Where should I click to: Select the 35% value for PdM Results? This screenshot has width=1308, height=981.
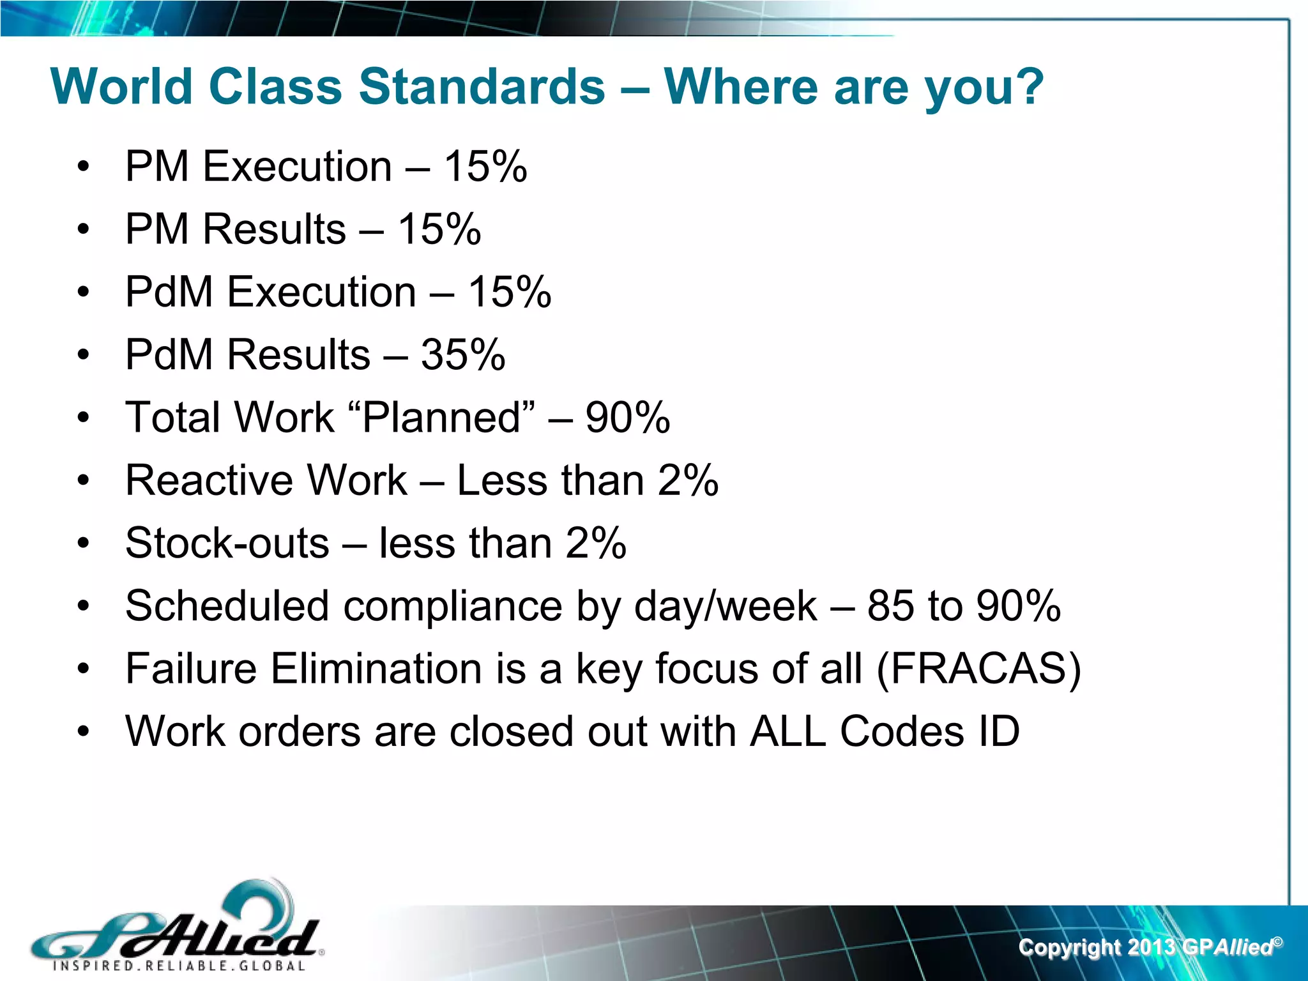pyautogui.click(x=463, y=354)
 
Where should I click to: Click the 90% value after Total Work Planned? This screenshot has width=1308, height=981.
pyautogui.click(x=628, y=418)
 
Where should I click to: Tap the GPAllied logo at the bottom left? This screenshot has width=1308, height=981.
pyautogui.click(x=176, y=926)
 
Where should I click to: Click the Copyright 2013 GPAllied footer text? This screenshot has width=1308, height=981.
pyautogui.click(x=1150, y=947)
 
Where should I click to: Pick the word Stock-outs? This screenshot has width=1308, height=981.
pyautogui.click(x=227, y=543)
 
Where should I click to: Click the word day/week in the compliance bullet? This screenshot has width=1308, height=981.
pyautogui.click(x=726, y=606)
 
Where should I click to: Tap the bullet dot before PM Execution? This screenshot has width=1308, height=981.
pyautogui.click(x=83, y=167)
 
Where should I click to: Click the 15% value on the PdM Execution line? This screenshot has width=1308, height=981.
pyautogui.click(x=510, y=293)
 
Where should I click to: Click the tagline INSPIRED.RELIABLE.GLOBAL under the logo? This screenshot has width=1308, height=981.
pyautogui.click(x=179, y=966)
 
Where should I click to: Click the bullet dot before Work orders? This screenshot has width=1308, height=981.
pyautogui.click(x=83, y=732)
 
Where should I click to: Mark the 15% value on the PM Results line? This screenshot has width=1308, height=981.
pyautogui.click(x=439, y=229)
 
